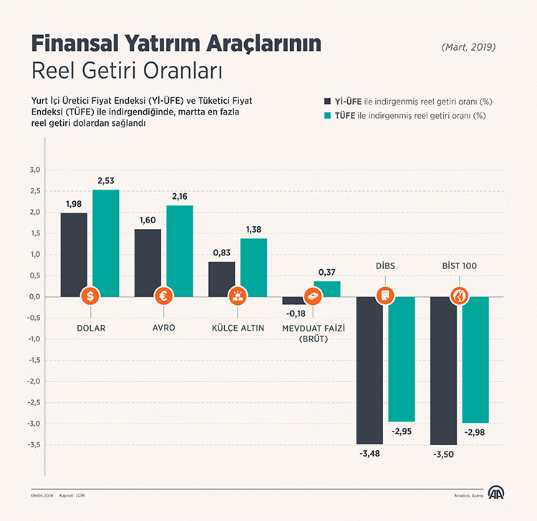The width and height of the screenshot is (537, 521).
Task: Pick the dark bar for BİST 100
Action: point(443,369)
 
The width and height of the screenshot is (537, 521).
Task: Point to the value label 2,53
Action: point(106,181)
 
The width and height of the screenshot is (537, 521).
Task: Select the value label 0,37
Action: point(327,272)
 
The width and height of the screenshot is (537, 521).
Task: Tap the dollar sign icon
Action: point(90,296)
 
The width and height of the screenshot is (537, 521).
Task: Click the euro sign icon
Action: point(164,296)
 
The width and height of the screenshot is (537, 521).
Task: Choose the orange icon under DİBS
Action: point(385,296)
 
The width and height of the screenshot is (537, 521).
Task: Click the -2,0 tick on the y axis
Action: point(34,381)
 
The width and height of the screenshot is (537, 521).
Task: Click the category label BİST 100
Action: point(459,266)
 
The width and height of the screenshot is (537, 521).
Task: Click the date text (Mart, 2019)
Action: point(468,47)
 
